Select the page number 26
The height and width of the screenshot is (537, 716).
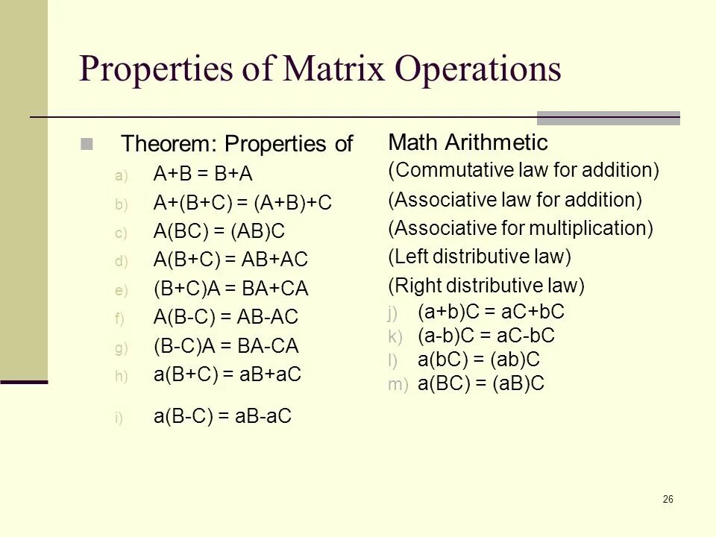[668, 499]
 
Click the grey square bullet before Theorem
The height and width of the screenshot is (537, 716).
[87, 144]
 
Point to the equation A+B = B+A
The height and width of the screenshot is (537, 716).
[203, 175]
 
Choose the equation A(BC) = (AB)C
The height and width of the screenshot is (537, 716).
[219, 232]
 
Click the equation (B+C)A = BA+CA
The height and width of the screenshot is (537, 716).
[230, 289]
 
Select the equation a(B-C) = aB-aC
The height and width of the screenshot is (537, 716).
[222, 417]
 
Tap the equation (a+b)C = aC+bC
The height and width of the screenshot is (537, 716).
[491, 312]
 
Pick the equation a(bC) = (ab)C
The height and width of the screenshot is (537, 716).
[479, 359]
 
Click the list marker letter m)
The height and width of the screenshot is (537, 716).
[398, 385]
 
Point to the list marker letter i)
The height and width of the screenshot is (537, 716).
[119, 418]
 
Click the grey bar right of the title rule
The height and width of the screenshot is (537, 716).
[608, 118]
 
